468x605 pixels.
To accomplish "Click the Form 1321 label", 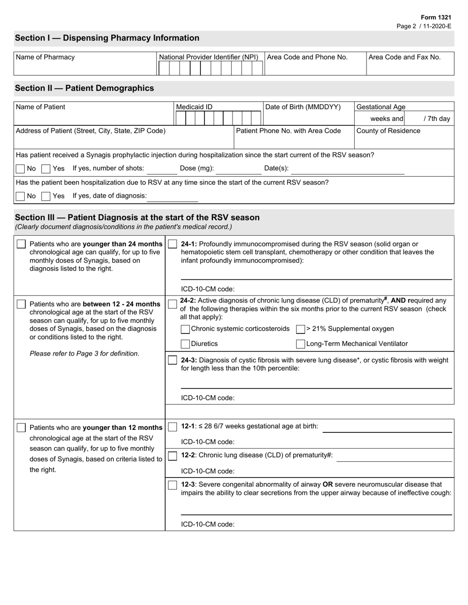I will tap(435, 17).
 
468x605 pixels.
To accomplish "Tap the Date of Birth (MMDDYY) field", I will tap(308, 118).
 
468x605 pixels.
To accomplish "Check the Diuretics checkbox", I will tap(185, 344).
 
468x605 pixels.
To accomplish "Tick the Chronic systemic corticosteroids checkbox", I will tap(185, 329).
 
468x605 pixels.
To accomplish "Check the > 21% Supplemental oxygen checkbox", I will tap(300, 329).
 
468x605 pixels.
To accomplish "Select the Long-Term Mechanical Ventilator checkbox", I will tap(300, 344).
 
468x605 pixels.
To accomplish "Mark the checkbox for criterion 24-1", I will tap(172, 244).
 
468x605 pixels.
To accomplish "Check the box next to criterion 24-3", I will tap(172, 361).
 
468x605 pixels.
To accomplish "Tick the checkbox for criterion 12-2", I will tap(172, 455).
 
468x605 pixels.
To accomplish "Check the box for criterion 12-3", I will tap(172, 485).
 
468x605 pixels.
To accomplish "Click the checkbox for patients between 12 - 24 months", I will tap(21, 304).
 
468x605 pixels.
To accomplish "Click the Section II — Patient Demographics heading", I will tap(84, 89).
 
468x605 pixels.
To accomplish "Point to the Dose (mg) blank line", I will tap(238, 170).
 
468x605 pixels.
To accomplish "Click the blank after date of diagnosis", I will tap(172, 198).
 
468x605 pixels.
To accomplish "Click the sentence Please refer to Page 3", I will tap(84, 354).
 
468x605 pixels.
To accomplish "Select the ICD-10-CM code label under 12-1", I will tap(208, 442).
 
